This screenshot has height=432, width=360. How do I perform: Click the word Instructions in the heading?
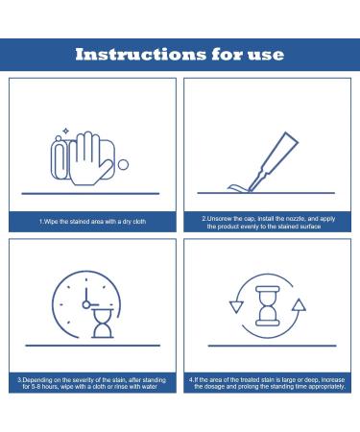pyautogui.click(x=141, y=54)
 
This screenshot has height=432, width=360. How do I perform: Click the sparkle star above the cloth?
pyautogui.click(x=65, y=131)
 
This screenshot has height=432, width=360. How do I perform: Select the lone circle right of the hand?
pyautogui.click(x=123, y=165)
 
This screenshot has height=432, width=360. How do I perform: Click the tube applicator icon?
pyautogui.click(x=273, y=161)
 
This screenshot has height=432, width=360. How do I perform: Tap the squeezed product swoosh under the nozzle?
pyautogui.click(x=238, y=188)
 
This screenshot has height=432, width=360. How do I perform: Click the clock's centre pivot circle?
pyautogui.click(x=86, y=304)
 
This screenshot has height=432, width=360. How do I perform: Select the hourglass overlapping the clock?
pyautogui.click(x=103, y=324)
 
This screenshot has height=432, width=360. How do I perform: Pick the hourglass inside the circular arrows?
pyautogui.click(x=268, y=306)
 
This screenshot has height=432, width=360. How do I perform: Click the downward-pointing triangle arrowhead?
pyautogui.click(x=236, y=307)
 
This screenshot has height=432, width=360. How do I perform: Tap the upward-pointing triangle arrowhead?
pyautogui.click(x=299, y=305)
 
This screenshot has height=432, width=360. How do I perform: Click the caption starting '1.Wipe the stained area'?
pyautogui.click(x=92, y=222)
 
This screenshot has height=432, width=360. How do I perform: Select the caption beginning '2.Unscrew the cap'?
pyautogui.click(x=268, y=223)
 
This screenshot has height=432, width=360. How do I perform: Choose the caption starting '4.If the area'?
pyautogui.click(x=267, y=383)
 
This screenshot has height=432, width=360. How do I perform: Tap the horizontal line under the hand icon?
pyautogui.click(x=90, y=194)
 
